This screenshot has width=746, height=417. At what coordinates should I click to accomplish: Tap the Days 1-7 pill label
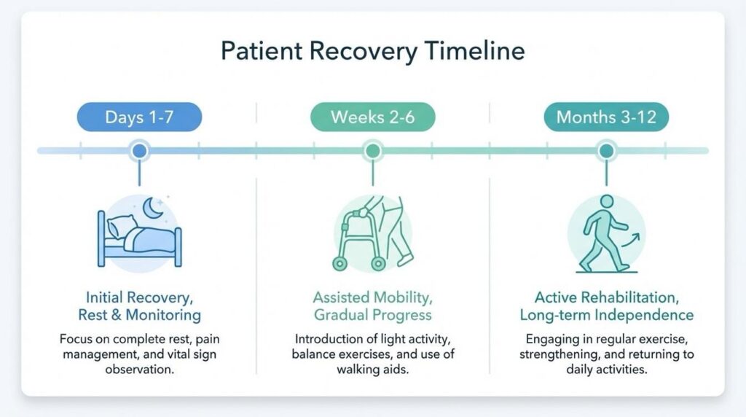pyautogui.click(x=139, y=117)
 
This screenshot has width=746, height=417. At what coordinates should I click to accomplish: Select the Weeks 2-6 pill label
pyautogui.click(x=372, y=117)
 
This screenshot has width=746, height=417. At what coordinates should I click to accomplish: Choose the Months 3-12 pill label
pyautogui.click(x=606, y=117)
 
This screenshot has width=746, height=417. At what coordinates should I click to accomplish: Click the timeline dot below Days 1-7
pyautogui.click(x=139, y=151)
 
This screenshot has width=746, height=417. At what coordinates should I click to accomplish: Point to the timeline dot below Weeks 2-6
pyautogui.click(x=372, y=151)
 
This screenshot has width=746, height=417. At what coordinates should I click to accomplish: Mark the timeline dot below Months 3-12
pyautogui.click(x=606, y=151)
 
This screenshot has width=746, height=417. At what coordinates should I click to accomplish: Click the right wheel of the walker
pyautogui.click(x=378, y=262)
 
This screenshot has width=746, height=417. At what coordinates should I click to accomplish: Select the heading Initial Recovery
pyautogui.click(x=139, y=297)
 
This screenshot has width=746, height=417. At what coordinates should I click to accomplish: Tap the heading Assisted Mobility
pyautogui.click(x=372, y=297)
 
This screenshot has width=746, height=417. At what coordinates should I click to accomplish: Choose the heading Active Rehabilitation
pyautogui.click(x=606, y=297)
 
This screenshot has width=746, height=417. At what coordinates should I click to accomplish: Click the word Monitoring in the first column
pyautogui.click(x=164, y=315)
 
